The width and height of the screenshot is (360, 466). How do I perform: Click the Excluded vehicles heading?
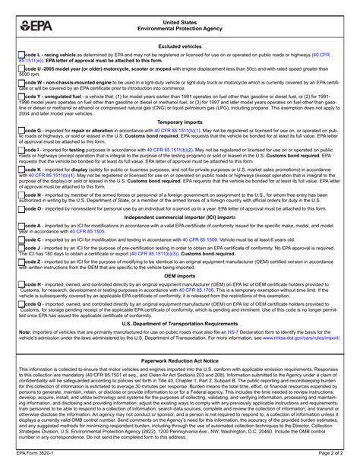click(x=180, y=46)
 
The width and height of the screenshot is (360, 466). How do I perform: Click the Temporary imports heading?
click(x=180, y=121)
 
